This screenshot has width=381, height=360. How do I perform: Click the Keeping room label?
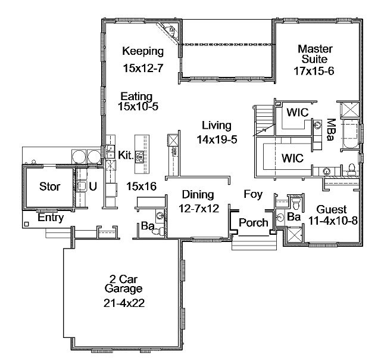pyautogui.click(x=143, y=52)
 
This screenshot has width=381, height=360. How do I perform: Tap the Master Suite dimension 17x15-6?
pyautogui.click(x=314, y=71)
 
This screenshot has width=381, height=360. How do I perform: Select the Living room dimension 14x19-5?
pyautogui.click(x=217, y=139)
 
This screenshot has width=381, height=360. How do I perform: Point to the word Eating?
pyautogui.click(x=136, y=97)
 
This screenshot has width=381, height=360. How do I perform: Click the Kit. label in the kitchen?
pyautogui.click(x=126, y=155)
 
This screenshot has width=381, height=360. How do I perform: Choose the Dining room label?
pyautogui.click(x=198, y=194)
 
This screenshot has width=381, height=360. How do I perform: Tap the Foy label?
pyautogui.click(x=253, y=194)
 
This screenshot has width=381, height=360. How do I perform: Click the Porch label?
pyautogui.click(x=254, y=222)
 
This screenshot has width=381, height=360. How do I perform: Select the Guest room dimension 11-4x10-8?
pyautogui.click(x=333, y=221)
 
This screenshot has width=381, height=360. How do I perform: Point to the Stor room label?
pyautogui.click(x=49, y=187)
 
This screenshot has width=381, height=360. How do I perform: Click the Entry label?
pyautogui.click(x=51, y=218)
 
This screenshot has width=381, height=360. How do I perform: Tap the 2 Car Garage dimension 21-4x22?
pyautogui.click(x=124, y=303)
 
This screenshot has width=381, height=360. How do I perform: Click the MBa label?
pyautogui.click(x=332, y=130)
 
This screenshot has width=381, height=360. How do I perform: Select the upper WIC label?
pyautogui.click(x=298, y=113)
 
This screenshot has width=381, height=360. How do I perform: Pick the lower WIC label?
pyautogui.click(x=292, y=158)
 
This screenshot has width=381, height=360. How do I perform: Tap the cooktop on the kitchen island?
pyautogui.click(x=139, y=156)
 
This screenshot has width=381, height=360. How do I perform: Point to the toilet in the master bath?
pyautogui.click(x=351, y=169)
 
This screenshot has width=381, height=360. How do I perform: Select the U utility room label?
pyautogui.click(x=93, y=187)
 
